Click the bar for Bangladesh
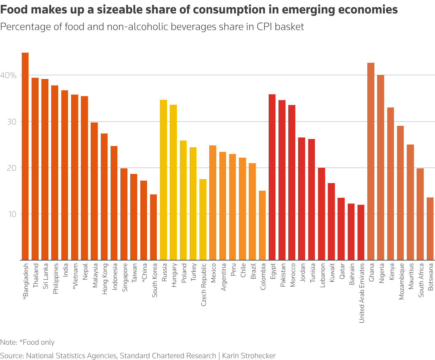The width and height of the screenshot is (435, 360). click(x=25, y=156)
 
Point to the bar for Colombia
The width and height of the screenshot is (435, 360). click(x=262, y=225)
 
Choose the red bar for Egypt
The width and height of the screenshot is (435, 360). click(x=272, y=177)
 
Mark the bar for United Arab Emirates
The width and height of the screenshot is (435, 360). click(x=361, y=232)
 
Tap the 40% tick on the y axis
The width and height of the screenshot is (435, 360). click(x=9, y=75)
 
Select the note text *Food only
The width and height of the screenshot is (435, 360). click(x=37, y=342)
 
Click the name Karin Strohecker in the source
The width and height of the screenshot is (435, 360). click(x=249, y=356)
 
